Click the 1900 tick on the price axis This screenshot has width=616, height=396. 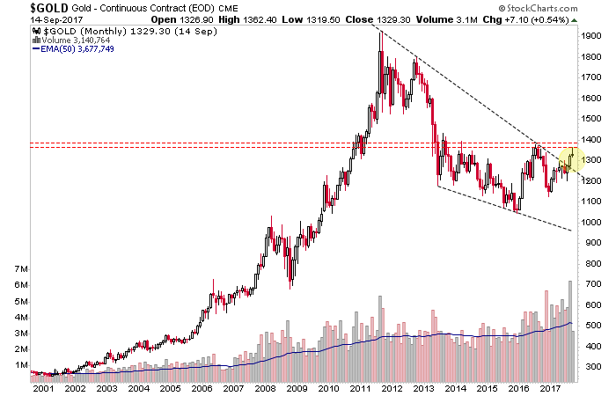click(591, 36)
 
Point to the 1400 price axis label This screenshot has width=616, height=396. click(591, 139)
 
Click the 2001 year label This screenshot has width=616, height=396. click(41, 387)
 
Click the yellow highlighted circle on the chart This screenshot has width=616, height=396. click(568, 159)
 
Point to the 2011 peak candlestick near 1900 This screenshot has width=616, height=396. click(380, 40)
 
